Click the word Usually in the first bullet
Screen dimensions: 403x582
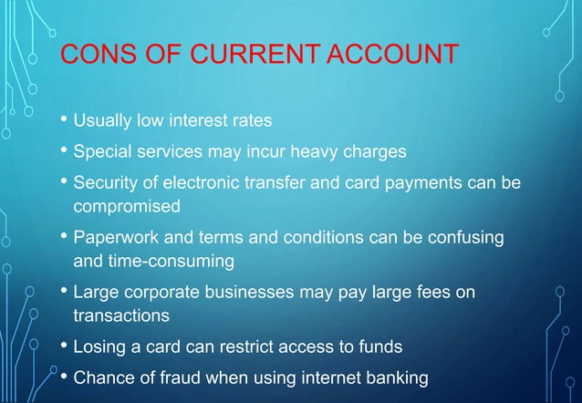[103, 120]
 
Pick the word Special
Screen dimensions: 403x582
[102, 150]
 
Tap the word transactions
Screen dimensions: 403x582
[121, 316]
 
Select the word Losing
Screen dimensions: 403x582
[99, 347]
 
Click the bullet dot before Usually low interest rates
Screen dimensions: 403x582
[64, 119]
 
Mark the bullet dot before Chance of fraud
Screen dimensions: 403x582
[64, 376]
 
